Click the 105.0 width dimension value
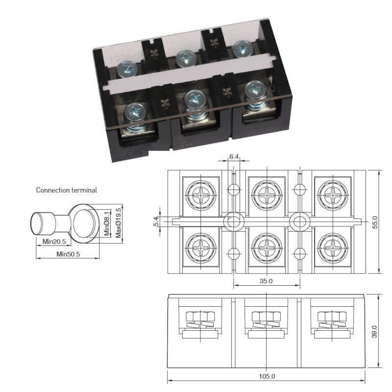[x=267, y=376]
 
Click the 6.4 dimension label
[x=234, y=157]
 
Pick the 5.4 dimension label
[x=156, y=221]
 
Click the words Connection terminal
[x=66, y=190]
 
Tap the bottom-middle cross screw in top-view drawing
[x=266, y=247]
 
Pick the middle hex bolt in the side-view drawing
[x=266, y=316]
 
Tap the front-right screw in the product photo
[x=254, y=91]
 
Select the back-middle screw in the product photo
[x=185, y=59]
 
